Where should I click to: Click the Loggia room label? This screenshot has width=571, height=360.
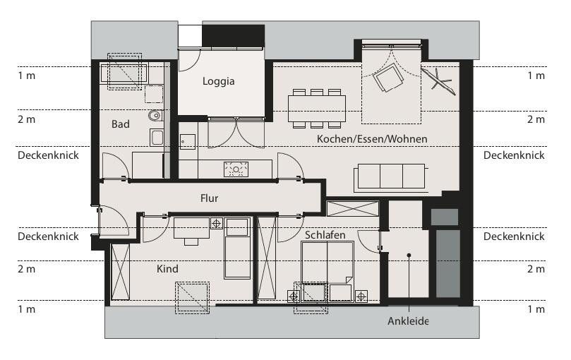click(218, 81)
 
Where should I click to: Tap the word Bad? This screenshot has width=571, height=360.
click(121, 124)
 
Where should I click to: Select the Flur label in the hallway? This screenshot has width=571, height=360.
click(209, 198)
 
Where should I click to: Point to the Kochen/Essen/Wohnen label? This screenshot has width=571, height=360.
click(372, 139)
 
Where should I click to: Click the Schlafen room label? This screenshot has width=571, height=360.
click(325, 235)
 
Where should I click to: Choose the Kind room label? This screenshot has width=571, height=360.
click(167, 269)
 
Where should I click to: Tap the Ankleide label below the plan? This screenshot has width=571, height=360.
click(408, 320)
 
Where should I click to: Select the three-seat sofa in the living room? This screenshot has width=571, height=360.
click(391, 176)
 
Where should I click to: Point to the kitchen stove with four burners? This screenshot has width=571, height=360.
click(236, 169)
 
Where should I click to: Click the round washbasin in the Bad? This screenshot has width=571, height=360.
click(155, 115)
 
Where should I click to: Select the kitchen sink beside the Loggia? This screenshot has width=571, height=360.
click(187, 142)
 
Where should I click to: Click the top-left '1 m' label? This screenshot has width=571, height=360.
click(26, 76)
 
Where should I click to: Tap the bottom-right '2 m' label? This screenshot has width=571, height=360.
click(536, 269)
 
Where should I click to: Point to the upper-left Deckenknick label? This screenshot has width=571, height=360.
click(48, 155)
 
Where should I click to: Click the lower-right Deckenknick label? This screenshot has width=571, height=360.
click(514, 236)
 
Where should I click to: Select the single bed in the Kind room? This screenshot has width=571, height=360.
click(237, 248)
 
